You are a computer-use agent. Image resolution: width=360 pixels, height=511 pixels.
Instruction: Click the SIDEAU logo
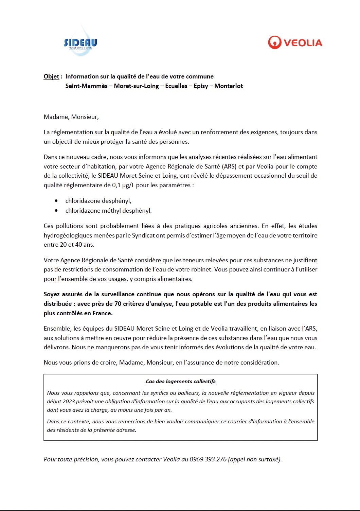coord(80,43)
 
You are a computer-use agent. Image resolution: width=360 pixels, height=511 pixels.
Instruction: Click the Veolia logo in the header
coord(295,43)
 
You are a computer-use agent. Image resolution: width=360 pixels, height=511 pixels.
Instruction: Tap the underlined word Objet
coord(51,76)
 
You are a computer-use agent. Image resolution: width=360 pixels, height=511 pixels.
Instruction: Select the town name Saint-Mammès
coord(86,86)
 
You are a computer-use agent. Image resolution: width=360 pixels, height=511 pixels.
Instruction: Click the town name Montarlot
coord(228,86)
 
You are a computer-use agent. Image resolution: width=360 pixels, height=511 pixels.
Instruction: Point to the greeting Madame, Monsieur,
coord(71,117)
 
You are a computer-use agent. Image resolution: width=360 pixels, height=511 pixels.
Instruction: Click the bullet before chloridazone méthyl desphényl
coord(56,211)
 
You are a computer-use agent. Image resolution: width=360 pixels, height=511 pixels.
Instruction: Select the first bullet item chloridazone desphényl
coord(98,201)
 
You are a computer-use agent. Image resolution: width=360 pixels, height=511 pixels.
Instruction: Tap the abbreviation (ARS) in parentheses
coord(229,166)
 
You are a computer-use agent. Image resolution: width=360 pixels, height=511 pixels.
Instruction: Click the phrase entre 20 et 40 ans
coord(69,245)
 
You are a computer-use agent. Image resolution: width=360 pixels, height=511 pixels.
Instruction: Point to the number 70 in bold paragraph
coord(118,304)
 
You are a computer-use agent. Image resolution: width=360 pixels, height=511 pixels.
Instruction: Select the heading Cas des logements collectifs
coord(181,382)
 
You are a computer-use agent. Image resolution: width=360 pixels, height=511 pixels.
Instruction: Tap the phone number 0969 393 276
coord(208,459)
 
